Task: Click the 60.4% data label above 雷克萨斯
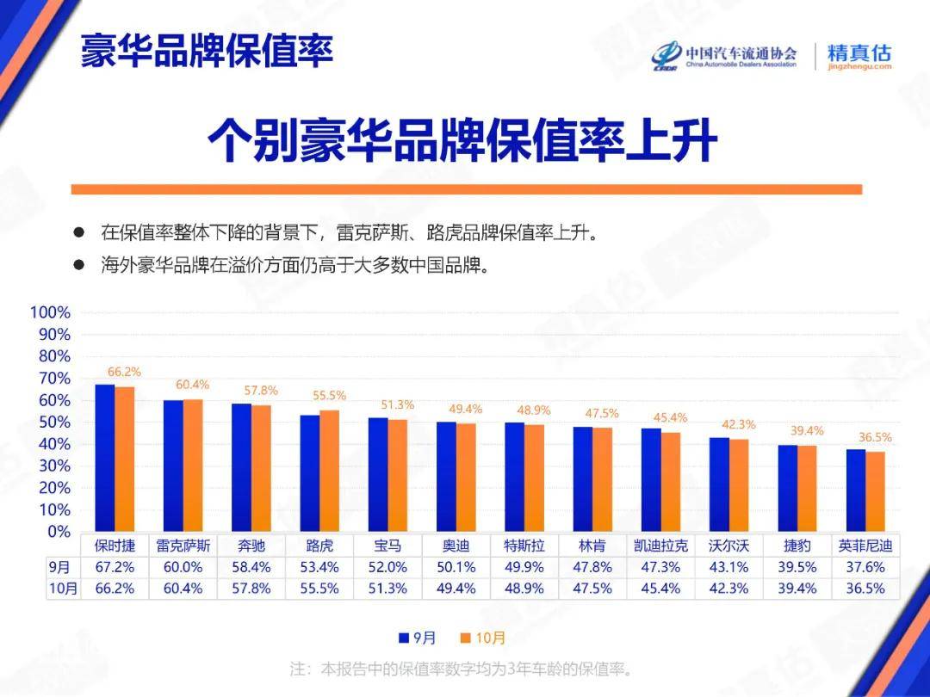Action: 193,385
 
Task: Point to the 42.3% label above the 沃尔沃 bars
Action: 738,424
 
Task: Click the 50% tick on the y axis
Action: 53,422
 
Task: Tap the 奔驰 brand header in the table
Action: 251,546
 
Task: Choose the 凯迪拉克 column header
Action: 660,546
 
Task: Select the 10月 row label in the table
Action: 63,589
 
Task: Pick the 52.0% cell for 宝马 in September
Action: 387,567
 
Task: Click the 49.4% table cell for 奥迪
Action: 456,589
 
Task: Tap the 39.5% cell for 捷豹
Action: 797,567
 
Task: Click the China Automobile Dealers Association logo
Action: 723,55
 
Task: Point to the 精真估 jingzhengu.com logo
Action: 859,56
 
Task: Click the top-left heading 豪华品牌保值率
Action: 207,52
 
